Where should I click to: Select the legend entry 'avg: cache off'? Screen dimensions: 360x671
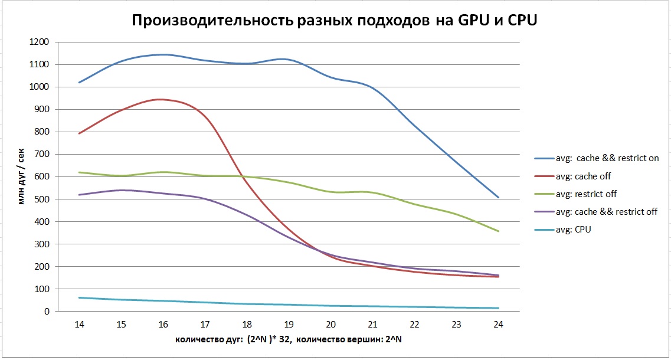592,176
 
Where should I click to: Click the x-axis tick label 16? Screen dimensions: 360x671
163,324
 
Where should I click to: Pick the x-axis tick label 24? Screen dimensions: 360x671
498,324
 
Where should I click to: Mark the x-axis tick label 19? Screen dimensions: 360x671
289,324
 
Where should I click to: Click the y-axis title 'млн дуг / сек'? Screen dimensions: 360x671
21,176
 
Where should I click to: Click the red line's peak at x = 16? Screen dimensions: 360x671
163,100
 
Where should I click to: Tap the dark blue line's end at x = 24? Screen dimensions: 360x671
498,197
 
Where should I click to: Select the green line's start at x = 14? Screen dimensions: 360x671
79,172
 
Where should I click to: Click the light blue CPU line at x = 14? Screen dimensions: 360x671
79,297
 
